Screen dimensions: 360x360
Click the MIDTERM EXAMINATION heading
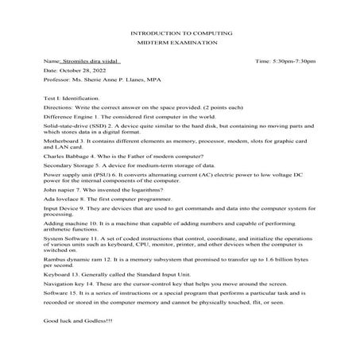point(180,45)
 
